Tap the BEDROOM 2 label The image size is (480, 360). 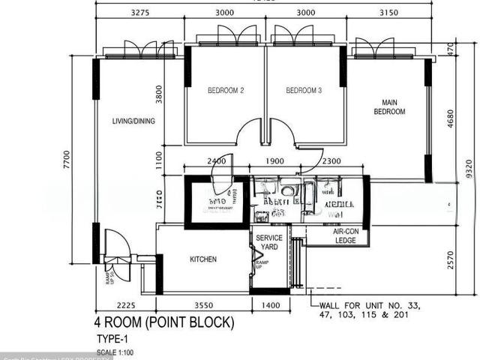click(226, 91)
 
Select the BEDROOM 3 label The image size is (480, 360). click(304, 91)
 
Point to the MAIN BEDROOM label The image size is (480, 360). click(389, 107)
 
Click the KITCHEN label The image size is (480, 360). click(202, 259)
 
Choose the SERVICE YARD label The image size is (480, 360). click(269, 242)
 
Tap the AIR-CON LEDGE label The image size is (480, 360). click(345, 236)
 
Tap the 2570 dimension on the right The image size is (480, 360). click(451, 259)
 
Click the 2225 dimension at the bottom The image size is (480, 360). click(125, 306)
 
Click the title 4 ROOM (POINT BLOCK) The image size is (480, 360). click(163, 323)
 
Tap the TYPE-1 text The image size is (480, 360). click(110, 339)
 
